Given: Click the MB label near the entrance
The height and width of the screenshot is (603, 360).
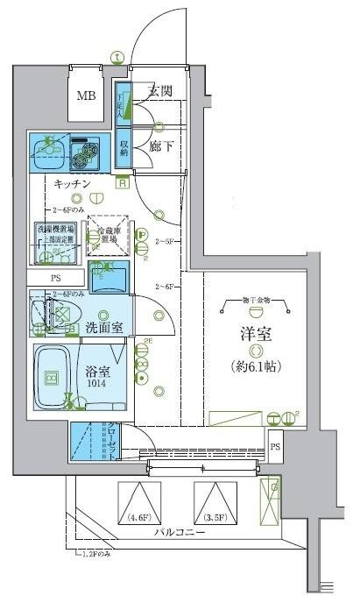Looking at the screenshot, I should [x=85, y=96].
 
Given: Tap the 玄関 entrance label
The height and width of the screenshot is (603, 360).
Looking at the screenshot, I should [x=159, y=90].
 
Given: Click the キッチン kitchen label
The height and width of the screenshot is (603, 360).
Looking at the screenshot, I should [x=74, y=184].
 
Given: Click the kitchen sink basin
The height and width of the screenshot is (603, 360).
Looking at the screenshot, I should [x=46, y=153].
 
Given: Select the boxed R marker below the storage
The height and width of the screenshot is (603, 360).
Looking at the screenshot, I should [x=123, y=182].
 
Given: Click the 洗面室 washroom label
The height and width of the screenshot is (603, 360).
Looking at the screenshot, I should [x=103, y=328].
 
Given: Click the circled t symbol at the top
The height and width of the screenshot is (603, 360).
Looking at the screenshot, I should [x=116, y=58].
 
